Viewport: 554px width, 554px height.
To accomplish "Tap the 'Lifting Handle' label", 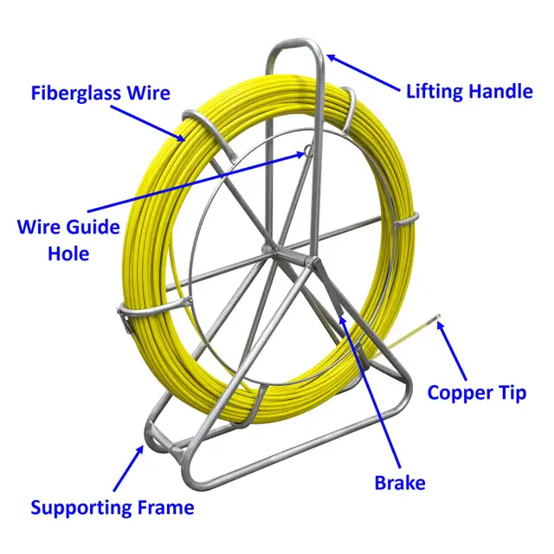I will tap(469, 91).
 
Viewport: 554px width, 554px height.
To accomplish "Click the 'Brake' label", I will tap(398, 481).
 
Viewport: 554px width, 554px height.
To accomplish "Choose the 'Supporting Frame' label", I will tap(113, 506).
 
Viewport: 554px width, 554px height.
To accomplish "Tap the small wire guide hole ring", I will tap(306, 152).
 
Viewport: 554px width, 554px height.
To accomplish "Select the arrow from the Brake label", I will tap(370, 390).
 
